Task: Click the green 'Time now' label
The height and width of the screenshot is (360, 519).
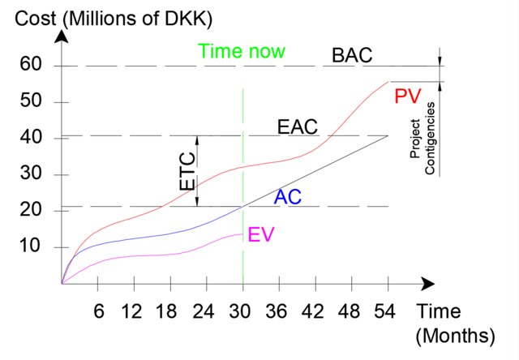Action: (x=242, y=53)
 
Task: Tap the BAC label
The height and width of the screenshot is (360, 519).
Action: (x=352, y=56)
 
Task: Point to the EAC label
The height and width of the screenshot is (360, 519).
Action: (x=297, y=127)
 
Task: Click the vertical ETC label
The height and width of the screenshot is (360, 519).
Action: (x=187, y=171)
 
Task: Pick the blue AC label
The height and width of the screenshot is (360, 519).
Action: (x=289, y=196)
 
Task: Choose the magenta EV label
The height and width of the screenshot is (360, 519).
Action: (x=261, y=235)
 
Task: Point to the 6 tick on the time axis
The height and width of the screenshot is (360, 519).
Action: (x=97, y=311)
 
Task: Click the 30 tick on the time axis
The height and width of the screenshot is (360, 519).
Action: (x=242, y=311)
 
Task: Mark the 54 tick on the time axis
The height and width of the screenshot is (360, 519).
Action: (x=388, y=311)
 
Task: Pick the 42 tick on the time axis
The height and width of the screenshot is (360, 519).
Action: (x=315, y=311)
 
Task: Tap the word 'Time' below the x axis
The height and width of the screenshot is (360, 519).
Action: (x=439, y=311)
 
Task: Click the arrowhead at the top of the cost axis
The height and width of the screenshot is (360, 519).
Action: (x=62, y=36)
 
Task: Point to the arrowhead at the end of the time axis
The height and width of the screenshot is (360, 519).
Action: (x=428, y=284)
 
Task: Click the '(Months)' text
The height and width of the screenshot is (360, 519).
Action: (x=454, y=335)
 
